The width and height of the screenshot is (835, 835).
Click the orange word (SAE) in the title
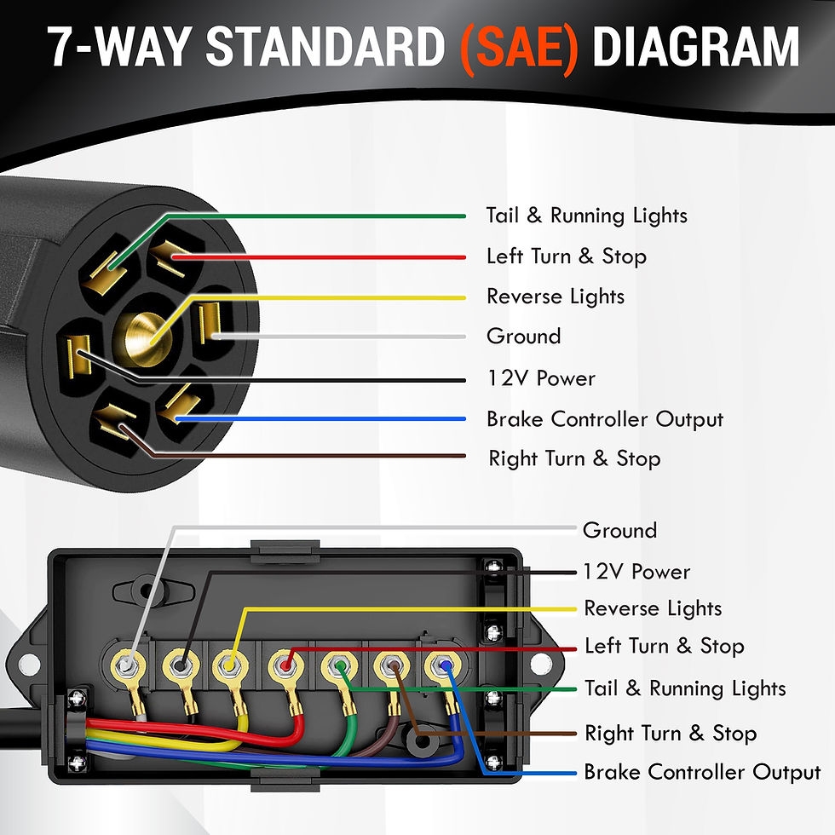pos(518,49)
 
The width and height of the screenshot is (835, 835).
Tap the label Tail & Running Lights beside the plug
pos(586,216)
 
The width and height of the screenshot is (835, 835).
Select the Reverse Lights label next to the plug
pos(556,297)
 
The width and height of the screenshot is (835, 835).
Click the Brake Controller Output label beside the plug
pos(605,419)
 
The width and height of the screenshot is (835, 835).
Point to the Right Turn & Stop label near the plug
pos(574,459)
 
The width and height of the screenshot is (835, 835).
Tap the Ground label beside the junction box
pos(619,531)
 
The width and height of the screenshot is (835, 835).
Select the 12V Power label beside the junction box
pos(636,572)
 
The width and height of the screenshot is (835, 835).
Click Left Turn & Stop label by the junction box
pos(664,647)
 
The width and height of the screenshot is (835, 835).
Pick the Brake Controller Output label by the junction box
pos(701,773)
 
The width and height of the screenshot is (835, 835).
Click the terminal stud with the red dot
pos(285,663)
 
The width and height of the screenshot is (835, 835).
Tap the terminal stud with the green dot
pos(339,665)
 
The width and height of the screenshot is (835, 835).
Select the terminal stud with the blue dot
pos(442,665)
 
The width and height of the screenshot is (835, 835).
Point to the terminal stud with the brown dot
pos(392,665)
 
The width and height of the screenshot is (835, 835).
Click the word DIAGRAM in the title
pos(696,49)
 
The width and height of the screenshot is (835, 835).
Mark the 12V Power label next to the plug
pos(540,378)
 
